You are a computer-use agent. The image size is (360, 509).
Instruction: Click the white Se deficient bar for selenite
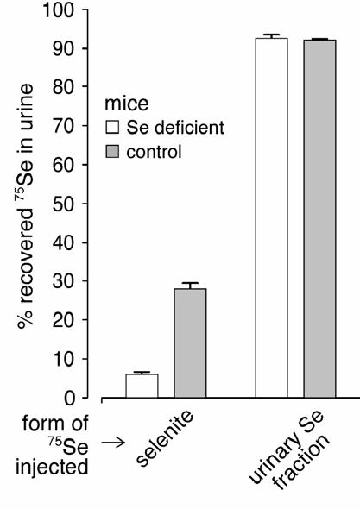[142, 386]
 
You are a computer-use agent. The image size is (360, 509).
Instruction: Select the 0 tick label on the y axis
[73, 399]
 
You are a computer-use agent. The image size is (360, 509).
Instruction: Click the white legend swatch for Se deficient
[111, 129]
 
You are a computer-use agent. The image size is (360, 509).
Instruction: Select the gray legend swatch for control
[111, 152]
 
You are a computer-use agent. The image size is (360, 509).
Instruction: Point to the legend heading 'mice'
[123, 104]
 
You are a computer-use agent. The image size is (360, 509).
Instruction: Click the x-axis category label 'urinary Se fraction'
[286, 449]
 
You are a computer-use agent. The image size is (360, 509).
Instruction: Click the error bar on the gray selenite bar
[190, 285]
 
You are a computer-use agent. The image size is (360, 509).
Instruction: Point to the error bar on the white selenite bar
[142, 373]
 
